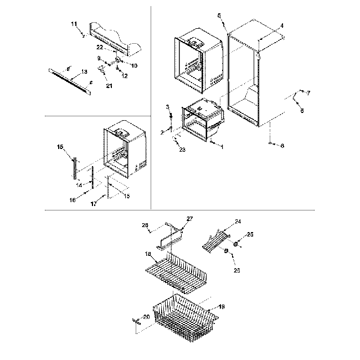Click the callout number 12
coord(125,76)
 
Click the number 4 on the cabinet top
coord(281,26)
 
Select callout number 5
coord(219,16)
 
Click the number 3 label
coord(167,106)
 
